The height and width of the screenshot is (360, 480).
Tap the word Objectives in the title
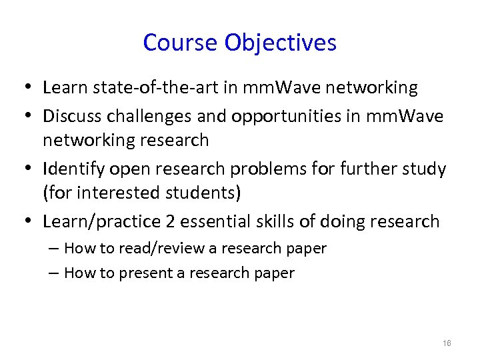[281, 43]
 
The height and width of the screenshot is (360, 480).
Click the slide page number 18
[447, 343]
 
